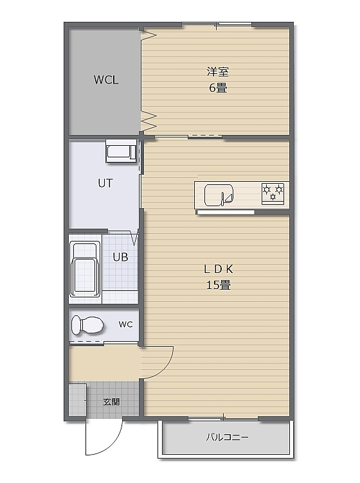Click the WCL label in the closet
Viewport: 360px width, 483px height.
pyautogui.click(x=106, y=80)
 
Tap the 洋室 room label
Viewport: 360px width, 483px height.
pyautogui.click(x=217, y=72)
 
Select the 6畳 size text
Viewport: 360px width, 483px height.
pyautogui.click(x=218, y=88)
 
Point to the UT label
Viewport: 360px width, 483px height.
pyautogui.click(x=105, y=183)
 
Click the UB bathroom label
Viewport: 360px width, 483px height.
pyautogui.click(x=120, y=257)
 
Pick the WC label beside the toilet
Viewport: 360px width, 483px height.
pyautogui.click(x=126, y=324)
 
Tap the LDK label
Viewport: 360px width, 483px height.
pyautogui.click(x=219, y=269)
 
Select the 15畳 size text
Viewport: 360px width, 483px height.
pyautogui.click(x=219, y=285)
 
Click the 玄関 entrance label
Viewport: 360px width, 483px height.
pyautogui.click(x=112, y=401)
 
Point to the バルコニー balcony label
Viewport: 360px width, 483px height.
pyautogui.click(x=227, y=437)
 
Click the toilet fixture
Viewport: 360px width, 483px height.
pyautogui.click(x=87, y=325)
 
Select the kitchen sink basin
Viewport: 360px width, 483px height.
pyautogui.click(x=219, y=195)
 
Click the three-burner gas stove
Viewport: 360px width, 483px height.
pyautogui.click(x=273, y=193)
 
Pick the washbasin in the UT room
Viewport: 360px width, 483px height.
pyautogui.click(x=121, y=151)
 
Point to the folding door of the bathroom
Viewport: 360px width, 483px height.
pyautogui.click(x=135, y=238)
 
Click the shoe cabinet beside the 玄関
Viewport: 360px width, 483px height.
pyautogui.click(x=77, y=400)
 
